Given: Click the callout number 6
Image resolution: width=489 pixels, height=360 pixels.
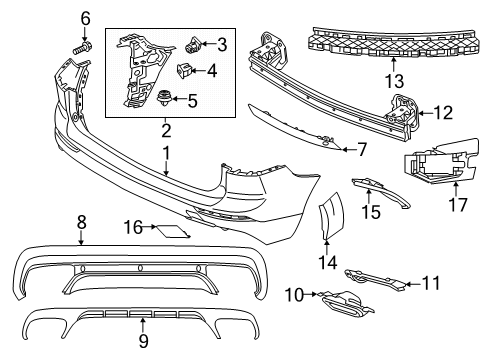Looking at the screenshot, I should pyautogui.click(x=85, y=17).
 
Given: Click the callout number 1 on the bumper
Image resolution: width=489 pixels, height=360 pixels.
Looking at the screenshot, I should pyautogui.click(x=168, y=155).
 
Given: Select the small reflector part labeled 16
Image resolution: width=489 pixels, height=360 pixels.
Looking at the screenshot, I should pyautogui.click(x=175, y=232).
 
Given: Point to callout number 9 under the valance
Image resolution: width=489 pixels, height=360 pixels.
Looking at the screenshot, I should pyautogui.click(x=141, y=342).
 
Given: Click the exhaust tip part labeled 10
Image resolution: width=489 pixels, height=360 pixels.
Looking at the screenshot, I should pyautogui.click(x=340, y=297).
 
